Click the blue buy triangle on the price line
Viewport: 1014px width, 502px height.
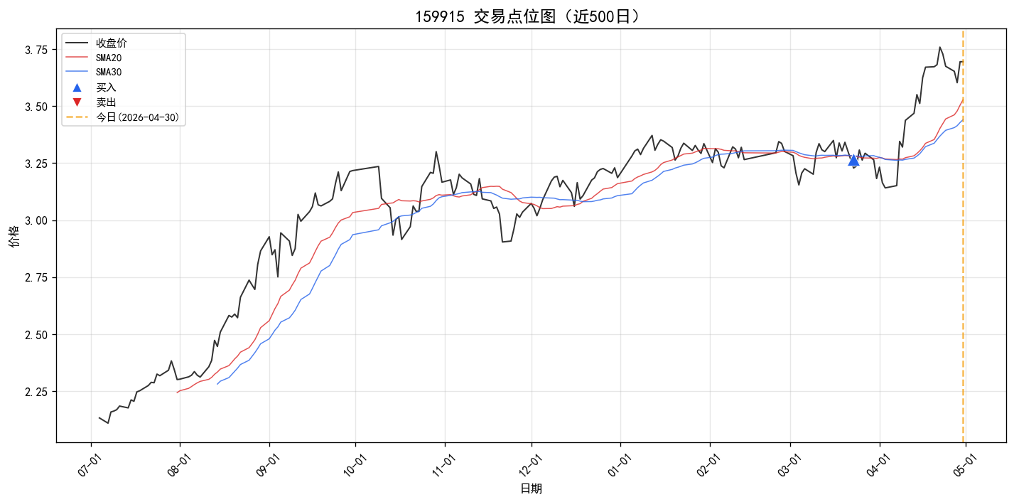point(853,161)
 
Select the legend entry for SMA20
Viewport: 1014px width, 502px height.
point(94,58)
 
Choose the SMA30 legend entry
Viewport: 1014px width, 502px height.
point(94,72)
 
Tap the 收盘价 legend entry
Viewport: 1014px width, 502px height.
point(96,43)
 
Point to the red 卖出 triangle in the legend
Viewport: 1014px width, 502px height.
point(77,102)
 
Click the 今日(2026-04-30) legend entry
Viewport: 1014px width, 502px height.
point(123,117)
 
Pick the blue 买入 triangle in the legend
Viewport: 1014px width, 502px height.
point(77,87)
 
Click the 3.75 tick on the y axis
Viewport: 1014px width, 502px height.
point(36,50)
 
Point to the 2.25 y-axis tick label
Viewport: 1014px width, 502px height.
point(36,392)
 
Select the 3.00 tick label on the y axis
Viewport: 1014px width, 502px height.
point(36,220)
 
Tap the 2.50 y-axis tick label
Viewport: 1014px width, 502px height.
point(36,335)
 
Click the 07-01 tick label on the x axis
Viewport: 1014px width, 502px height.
point(89,465)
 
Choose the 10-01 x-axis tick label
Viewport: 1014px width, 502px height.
point(355,465)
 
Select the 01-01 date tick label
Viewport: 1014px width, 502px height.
point(619,465)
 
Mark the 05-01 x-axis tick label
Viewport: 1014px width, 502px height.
point(965,465)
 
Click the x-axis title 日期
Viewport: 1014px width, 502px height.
point(531,488)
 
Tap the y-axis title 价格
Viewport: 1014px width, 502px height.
point(14,236)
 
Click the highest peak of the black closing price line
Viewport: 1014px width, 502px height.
point(940,47)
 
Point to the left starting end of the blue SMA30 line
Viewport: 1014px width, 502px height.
point(217,384)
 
